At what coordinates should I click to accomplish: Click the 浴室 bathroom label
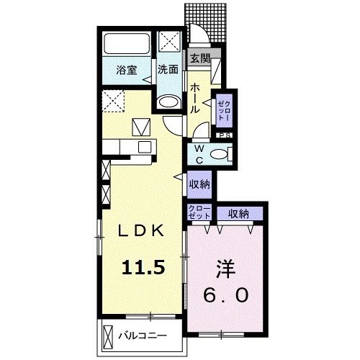point(127,71)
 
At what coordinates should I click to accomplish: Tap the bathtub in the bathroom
point(127,44)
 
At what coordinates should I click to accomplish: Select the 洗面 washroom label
point(168,69)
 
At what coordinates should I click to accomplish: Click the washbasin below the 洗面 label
point(169,102)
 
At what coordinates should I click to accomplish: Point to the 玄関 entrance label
point(200,58)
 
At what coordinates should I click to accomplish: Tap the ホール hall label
point(195,99)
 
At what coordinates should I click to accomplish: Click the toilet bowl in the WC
point(219,154)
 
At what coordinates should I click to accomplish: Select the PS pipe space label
point(224,135)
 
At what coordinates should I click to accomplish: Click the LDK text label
point(140,231)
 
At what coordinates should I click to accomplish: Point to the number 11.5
point(143,268)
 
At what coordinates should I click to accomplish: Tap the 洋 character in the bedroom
point(225,269)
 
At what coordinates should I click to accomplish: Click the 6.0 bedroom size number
point(225,295)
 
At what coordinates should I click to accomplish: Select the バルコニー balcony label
point(143,336)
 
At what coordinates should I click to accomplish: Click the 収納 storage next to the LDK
point(199,184)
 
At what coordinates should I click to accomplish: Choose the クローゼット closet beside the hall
point(224,111)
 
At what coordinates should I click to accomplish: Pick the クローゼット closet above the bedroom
point(199,212)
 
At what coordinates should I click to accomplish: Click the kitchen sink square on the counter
point(145,147)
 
